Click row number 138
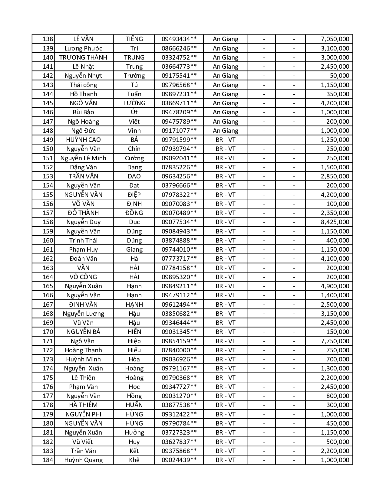pos(48,39)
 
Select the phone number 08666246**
pos(179,48)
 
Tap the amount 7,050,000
pos(335,39)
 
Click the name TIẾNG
pos(134,39)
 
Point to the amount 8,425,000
pos(335,222)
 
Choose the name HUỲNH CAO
pos(83,140)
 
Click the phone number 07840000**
pos(179,350)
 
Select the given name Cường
pos(134,158)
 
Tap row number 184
pos(48,460)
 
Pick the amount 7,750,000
pos(335,341)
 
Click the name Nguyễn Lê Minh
pos(83,158)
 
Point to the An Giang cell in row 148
pos(226,131)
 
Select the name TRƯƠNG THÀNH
pos(83,57)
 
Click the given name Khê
pos(134,460)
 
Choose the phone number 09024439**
pos(179,460)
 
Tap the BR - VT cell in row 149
pos(226,140)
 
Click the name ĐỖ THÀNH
pos(83,213)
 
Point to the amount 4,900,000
pos(335,286)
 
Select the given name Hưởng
pos(134,432)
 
